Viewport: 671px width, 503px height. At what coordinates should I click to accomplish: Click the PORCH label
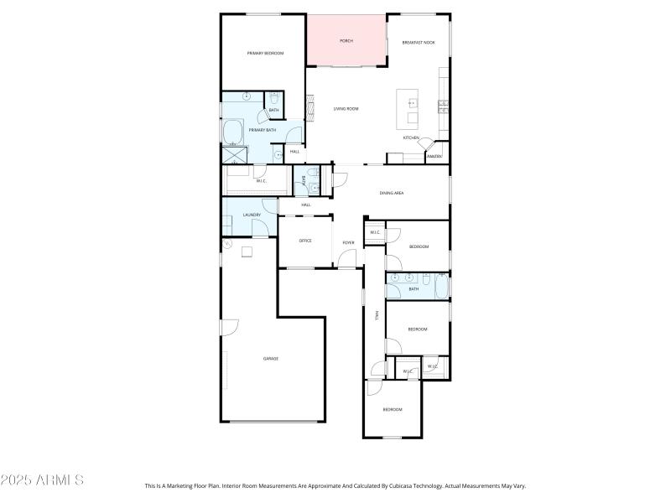pos(346,40)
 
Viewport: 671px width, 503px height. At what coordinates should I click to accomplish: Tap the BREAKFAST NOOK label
pos(418,42)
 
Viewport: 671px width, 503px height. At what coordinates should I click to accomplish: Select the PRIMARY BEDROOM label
pos(264,53)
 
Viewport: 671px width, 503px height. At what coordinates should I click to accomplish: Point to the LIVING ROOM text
pos(346,109)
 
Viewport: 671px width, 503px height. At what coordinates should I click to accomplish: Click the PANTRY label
pos(434,156)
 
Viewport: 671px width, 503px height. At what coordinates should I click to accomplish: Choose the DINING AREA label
pos(392,193)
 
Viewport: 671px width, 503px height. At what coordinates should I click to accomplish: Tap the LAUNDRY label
pos(252,215)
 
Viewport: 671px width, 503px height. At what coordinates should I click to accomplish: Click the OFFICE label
pos(305,241)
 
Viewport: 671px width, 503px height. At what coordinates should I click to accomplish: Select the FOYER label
pos(348,243)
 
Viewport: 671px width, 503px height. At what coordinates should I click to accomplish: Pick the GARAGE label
pos(271,358)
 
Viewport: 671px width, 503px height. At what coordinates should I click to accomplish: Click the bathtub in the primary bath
pos(232,132)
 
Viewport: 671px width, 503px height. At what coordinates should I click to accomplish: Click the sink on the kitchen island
pos(412,104)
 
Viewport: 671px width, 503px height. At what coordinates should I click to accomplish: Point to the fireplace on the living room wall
pos(308,107)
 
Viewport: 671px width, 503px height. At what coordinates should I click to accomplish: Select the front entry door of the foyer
pos(347,267)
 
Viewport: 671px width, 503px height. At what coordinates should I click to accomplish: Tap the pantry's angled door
pos(426,145)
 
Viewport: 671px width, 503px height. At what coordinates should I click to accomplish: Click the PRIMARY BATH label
pos(262,130)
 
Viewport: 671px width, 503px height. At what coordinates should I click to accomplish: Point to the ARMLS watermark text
pos(42,480)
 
